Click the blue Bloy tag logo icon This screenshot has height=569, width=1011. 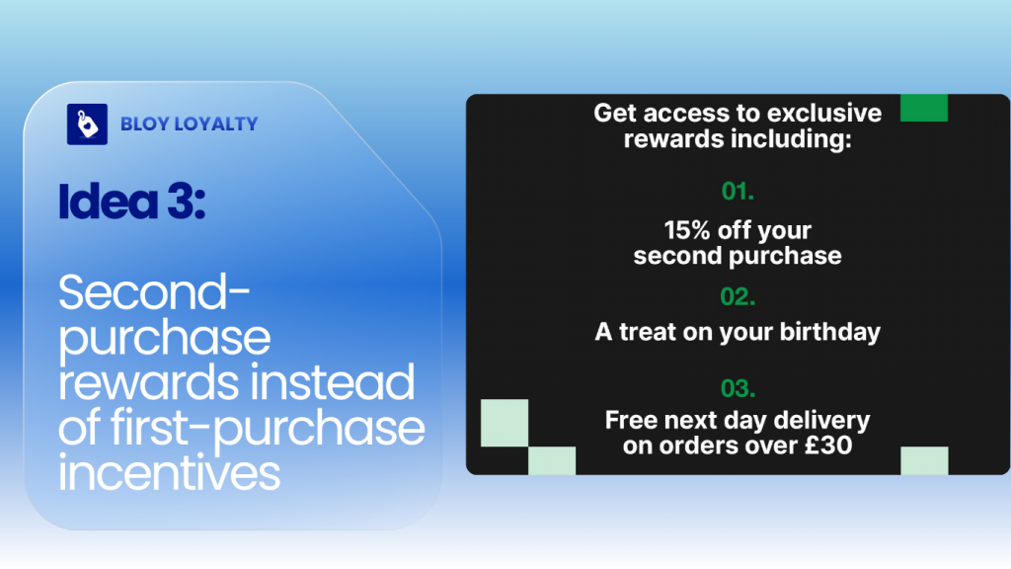pyautogui.click(x=87, y=124)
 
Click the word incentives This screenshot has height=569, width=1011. pyautogui.click(x=169, y=473)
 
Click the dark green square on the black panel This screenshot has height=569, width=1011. pyautogui.click(x=923, y=108)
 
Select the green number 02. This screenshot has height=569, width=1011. pyautogui.click(x=738, y=295)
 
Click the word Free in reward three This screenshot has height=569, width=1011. pyautogui.click(x=631, y=420)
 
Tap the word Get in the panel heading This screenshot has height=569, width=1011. pyautogui.click(x=616, y=113)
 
